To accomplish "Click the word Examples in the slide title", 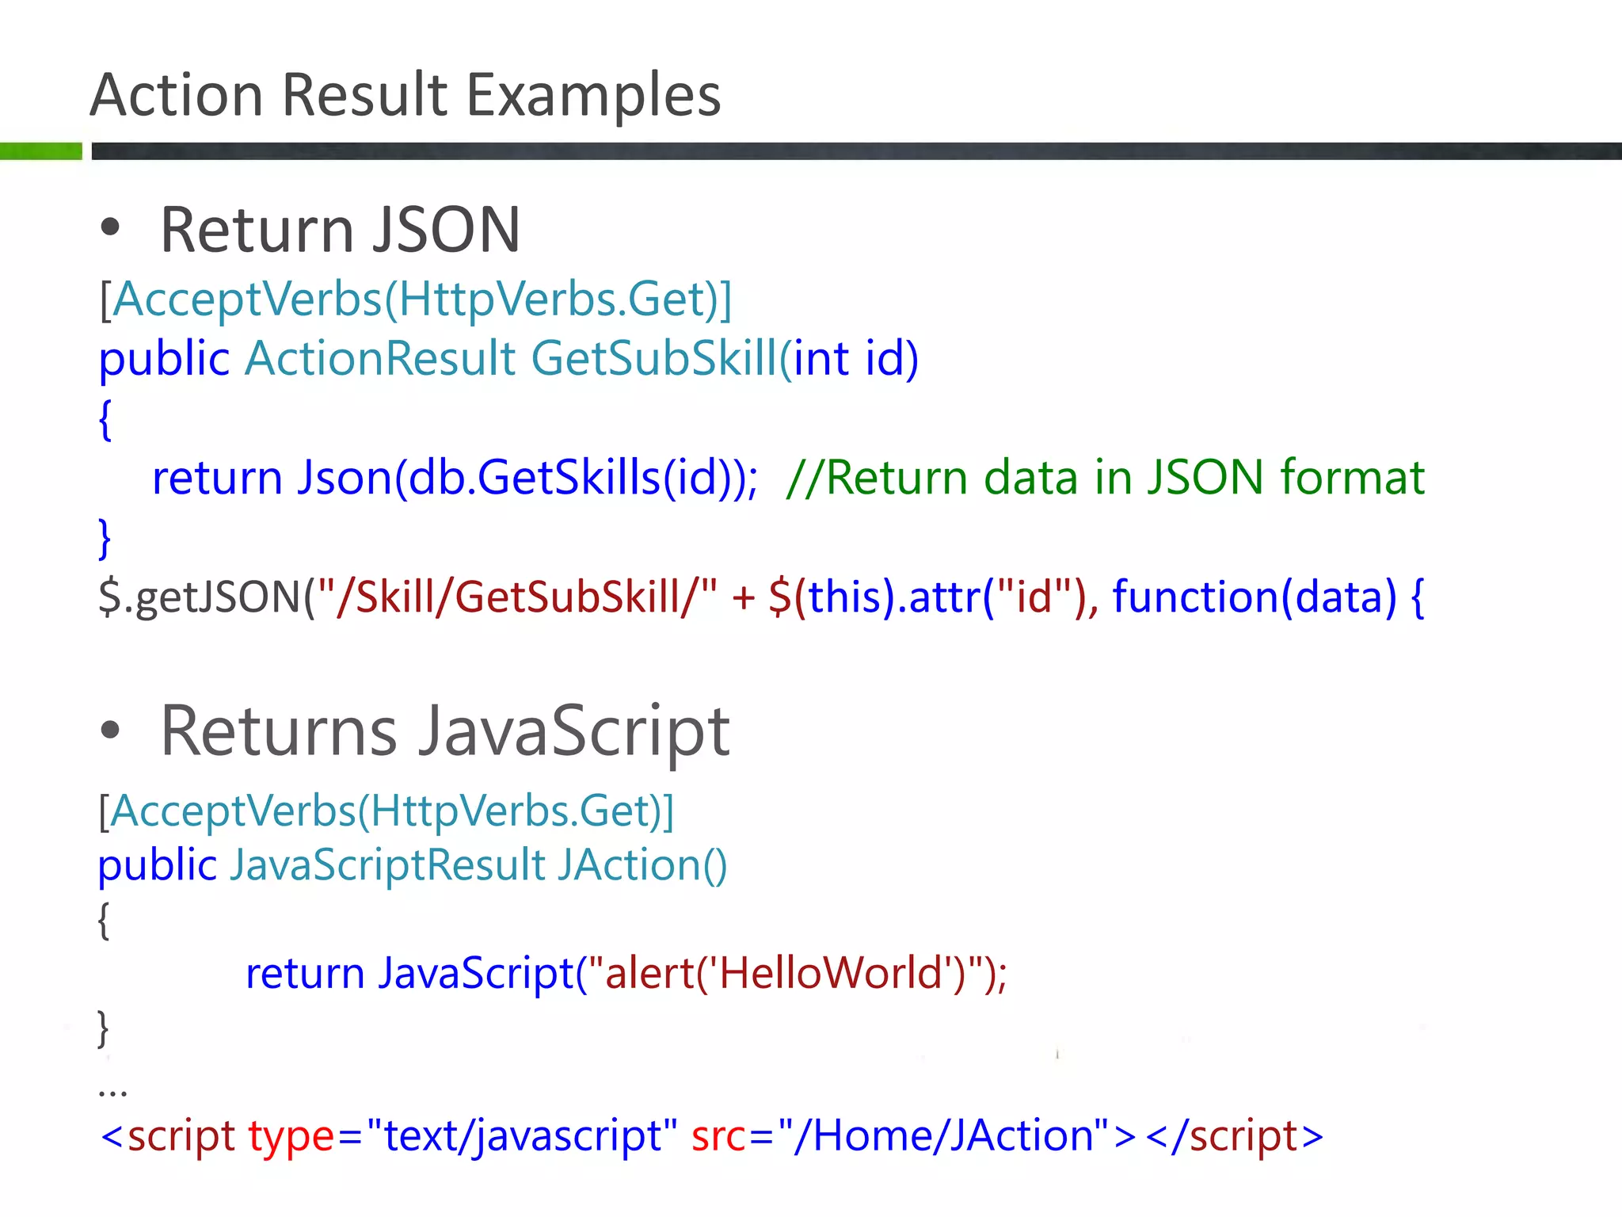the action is click(593, 95).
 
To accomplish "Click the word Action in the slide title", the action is click(176, 95).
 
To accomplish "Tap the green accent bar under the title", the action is click(40, 151).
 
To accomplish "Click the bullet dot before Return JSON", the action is click(110, 228).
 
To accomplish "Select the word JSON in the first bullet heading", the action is click(447, 230).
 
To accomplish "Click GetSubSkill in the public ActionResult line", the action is click(654, 358).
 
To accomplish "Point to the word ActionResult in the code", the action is click(380, 358).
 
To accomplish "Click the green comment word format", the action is click(1352, 478).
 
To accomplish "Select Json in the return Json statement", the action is click(345, 478).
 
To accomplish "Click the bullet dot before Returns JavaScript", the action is click(110, 731).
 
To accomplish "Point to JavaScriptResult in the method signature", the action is click(387, 864).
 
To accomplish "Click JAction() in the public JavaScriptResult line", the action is click(642, 864).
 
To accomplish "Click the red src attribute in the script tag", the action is click(718, 1136).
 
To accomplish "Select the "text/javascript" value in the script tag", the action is click(523, 1136).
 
